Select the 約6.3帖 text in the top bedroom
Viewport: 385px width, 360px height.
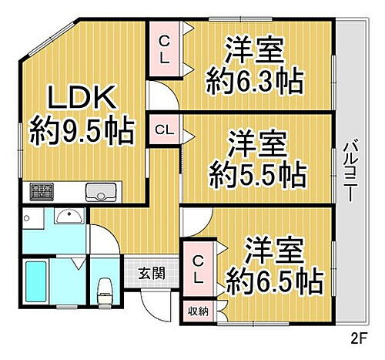click(x=255, y=78)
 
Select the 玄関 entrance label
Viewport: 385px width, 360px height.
click(x=151, y=272)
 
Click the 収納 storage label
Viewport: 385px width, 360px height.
click(x=198, y=311)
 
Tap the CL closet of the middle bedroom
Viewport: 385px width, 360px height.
click(x=164, y=129)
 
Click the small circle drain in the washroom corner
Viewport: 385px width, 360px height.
click(x=28, y=217)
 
